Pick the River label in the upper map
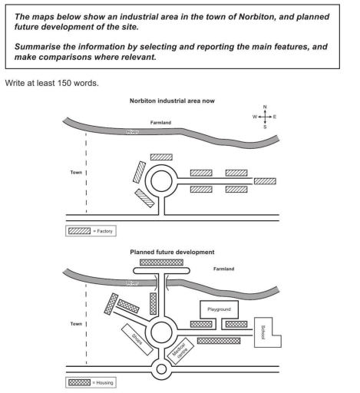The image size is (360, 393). (134, 132)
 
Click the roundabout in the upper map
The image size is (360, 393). (162, 181)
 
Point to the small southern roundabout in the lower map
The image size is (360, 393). (162, 370)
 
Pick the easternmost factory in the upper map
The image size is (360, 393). (265, 181)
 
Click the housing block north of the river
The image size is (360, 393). (161, 262)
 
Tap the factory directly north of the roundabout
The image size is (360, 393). (161, 157)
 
